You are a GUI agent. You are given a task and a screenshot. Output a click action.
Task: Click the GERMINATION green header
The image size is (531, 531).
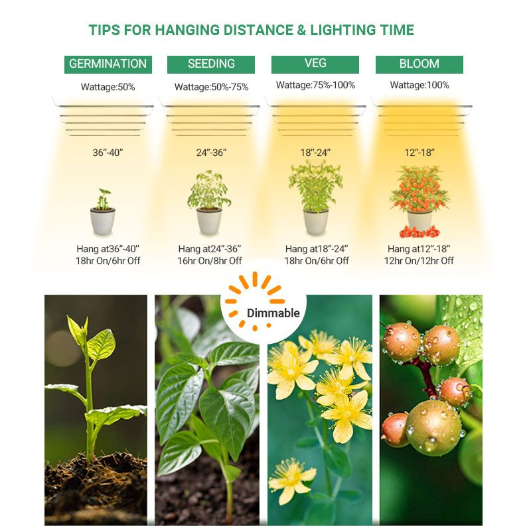coord(108,64)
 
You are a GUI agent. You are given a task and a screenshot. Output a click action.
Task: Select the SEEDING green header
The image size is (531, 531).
coord(211,64)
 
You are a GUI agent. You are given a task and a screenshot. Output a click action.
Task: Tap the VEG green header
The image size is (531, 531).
coord(315,64)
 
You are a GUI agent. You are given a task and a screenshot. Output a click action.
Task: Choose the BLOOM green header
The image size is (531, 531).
coord(419,64)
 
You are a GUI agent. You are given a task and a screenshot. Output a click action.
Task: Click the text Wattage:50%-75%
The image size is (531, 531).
coord(211,87)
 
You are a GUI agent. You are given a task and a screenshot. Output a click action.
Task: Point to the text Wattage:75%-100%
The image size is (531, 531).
coord(315,85)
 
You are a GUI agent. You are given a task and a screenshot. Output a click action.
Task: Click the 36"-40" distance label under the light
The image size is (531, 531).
coord(108,153)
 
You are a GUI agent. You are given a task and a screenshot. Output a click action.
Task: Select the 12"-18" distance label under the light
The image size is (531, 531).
coord(419,153)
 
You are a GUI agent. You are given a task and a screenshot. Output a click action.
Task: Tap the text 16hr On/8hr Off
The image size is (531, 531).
coord(210,261)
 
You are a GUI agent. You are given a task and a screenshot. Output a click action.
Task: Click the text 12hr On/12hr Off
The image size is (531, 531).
coord(419,261)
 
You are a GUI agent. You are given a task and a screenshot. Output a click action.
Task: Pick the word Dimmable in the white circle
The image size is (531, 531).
coord(273,313)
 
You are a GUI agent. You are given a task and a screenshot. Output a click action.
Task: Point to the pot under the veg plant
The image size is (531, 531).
coord(316,222)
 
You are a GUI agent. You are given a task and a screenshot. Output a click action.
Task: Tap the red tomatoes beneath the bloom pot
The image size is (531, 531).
coord(419,232)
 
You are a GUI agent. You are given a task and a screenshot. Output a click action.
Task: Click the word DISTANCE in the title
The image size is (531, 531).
coord(258,30)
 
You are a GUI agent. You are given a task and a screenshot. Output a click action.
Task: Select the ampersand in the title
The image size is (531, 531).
coord(301,30)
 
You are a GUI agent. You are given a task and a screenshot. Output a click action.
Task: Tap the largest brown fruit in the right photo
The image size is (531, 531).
coord(433,427)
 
